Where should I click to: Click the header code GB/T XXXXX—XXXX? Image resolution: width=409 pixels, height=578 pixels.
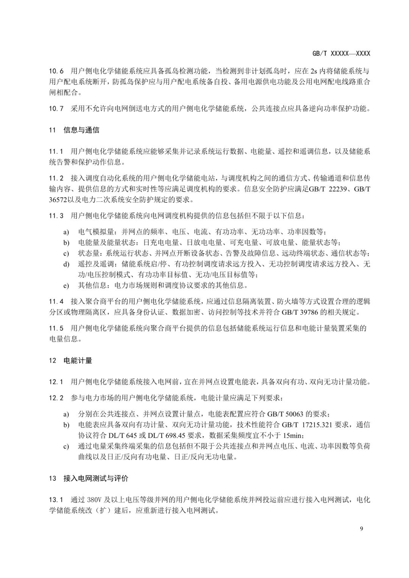pos(341,54)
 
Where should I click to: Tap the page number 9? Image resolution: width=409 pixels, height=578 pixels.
pos(362,529)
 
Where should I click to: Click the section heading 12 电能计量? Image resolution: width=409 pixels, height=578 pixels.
pos(70,360)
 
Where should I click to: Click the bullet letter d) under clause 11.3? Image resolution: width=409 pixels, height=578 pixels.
pos(66,264)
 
